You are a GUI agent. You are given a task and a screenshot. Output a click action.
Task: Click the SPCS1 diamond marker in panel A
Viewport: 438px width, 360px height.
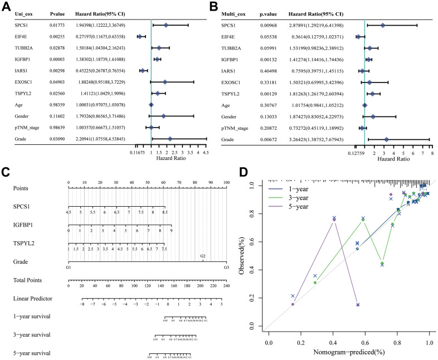[x=166, y=25]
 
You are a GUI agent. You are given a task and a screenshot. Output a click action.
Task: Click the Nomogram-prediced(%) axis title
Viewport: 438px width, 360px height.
[x=348, y=349]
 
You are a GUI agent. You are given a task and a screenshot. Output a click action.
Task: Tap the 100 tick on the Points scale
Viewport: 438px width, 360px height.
[x=226, y=182]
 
